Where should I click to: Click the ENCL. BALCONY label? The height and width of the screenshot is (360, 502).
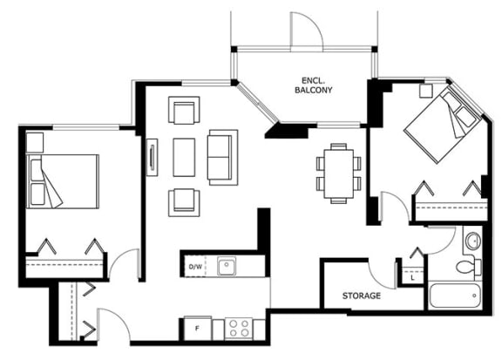tap(313, 85)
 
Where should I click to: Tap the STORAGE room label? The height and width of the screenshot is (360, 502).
tap(362, 295)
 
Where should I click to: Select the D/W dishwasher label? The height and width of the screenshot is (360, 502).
tap(195, 267)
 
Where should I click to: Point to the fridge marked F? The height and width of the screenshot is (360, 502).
tap(198, 329)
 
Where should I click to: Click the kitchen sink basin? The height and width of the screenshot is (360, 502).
tap(227, 266)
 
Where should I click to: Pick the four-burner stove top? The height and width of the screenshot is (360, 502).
tap(239, 329)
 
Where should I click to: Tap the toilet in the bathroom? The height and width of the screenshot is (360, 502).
tap(469, 267)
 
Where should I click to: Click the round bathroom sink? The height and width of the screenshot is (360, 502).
tap(472, 241)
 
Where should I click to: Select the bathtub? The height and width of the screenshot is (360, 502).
tap(455, 295)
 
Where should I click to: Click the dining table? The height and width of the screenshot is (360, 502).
tap(339, 173)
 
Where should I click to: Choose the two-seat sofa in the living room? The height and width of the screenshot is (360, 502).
tap(222, 157)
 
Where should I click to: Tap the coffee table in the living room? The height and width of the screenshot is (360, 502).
tap(184, 157)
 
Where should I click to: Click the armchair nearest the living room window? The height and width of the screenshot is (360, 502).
tap(184, 110)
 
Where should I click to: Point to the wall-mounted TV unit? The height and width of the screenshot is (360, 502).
tap(152, 157)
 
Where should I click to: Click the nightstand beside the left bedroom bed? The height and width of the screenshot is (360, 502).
tap(35, 143)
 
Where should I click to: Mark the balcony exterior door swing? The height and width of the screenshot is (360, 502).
tap(307, 31)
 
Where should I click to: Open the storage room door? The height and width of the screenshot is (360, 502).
tap(382, 275)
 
